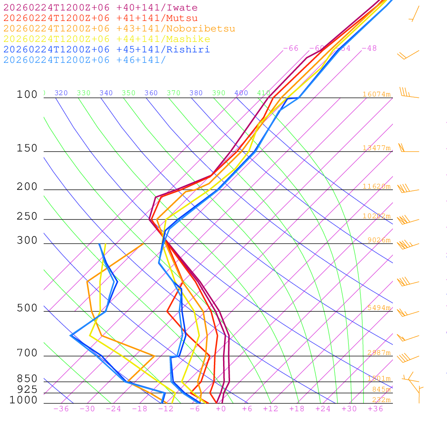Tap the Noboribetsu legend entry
click(x=119, y=29)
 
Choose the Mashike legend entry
click(x=107, y=39)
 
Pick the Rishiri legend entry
click(x=107, y=50)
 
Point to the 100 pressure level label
click(x=27, y=95)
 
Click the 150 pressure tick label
click(x=27, y=148)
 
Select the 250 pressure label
click(x=27, y=217)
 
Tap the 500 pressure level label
click(x=27, y=308)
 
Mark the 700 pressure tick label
click(x=27, y=353)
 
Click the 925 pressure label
click(x=27, y=389)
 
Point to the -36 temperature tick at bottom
click(x=61, y=409)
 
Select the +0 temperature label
click(x=220, y=409)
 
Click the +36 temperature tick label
click(x=375, y=409)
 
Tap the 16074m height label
click(x=376, y=94)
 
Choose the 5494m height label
click(x=378, y=308)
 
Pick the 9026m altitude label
click(x=378, y=240)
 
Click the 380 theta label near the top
click(x=196, y=93)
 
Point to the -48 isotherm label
click(x=369, y=48)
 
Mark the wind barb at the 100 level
click(x=408, y=94)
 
